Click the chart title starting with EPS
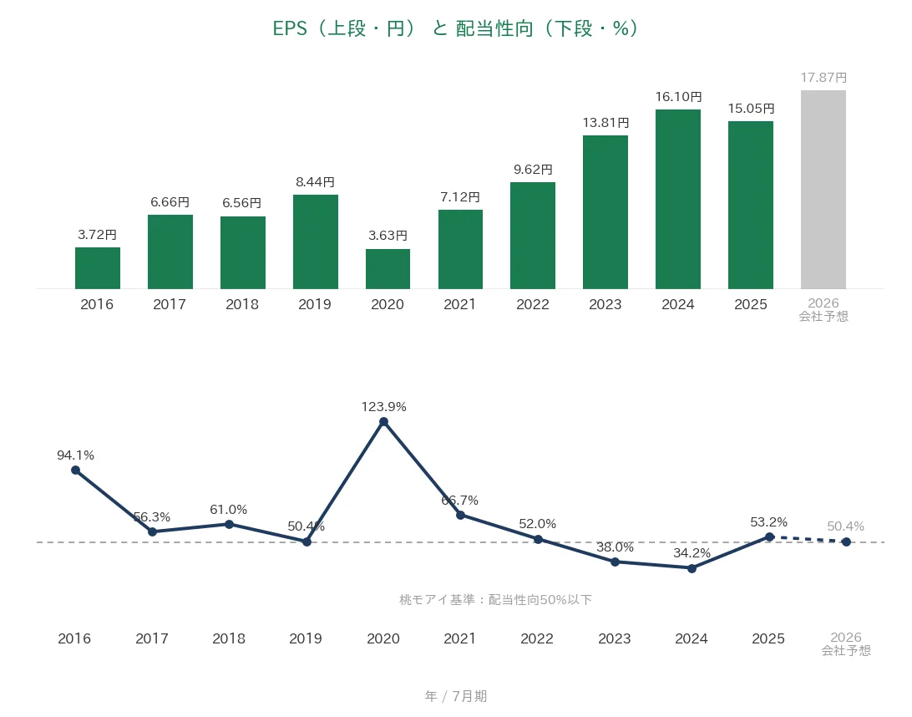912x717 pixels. tap(455, 28)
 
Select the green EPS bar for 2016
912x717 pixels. tap(98, 268)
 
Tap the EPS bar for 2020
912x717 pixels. tap(388, 269)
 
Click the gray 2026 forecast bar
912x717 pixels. tap(823, 190)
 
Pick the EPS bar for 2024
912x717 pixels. tap(678, 199)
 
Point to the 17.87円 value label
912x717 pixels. tap(823, 78)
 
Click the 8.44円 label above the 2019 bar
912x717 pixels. tap(315, 182)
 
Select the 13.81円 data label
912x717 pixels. tap(606, 123)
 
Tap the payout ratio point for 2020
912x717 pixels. tap(384, 422)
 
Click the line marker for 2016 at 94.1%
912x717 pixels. tap(76, 470)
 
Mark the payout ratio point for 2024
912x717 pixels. tap(692, 568)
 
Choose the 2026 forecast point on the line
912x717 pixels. tap(846, 542)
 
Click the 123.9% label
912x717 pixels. tap(384, 407)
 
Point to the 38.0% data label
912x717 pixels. tap(615, 547)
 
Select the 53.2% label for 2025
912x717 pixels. tap(769, 522)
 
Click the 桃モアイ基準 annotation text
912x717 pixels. tap(495, 599)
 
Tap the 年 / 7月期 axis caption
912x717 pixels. tap(456, 696)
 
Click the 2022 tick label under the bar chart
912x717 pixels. tap(533, 304)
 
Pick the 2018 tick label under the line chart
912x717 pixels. tap(229, 638)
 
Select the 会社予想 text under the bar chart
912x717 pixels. tap(823, 317)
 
